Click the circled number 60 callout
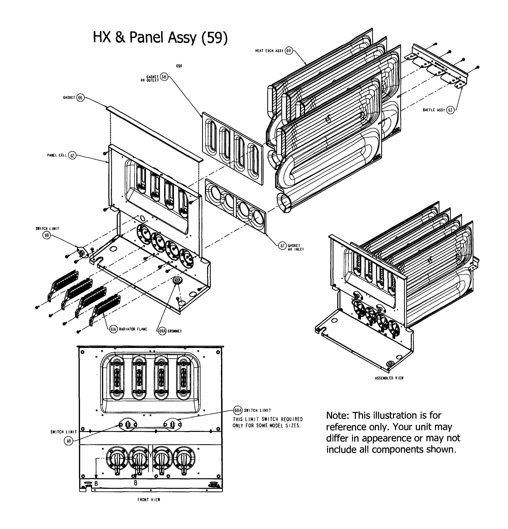pos(288,51)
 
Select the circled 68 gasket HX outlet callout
pos(164,77)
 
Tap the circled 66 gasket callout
pos(80,98)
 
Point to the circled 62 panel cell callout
pos(72,155)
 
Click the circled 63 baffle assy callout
pos(450,110)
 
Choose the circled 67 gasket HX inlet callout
pos(282,246)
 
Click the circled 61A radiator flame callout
pos(114,329)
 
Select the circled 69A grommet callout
pos(162,331)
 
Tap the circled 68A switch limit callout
pos(238,410)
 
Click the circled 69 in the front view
pos(69,441)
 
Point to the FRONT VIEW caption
pos(149,500)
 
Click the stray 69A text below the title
pos(179,66)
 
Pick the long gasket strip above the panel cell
pos(154,134)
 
